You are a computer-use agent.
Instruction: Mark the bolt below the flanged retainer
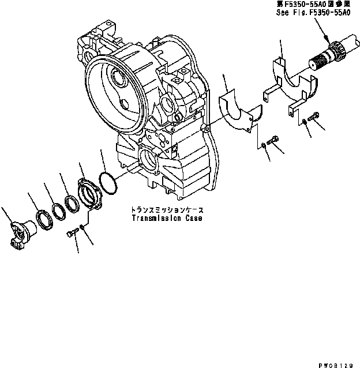pyautogui.click(x=72, y=234)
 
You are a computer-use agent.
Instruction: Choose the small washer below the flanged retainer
pyautogui.click(x=84, y=227)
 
